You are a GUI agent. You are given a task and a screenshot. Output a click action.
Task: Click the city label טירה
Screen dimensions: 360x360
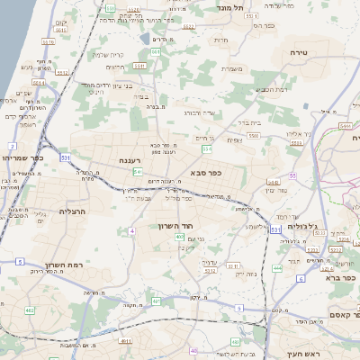tap(300, 54)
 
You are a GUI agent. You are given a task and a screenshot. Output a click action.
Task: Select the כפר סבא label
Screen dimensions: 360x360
tap(206, 173)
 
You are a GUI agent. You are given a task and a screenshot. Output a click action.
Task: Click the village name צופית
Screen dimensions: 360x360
tap(234, 139)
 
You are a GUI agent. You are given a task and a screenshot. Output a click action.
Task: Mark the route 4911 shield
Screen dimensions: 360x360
tap(125, 341)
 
